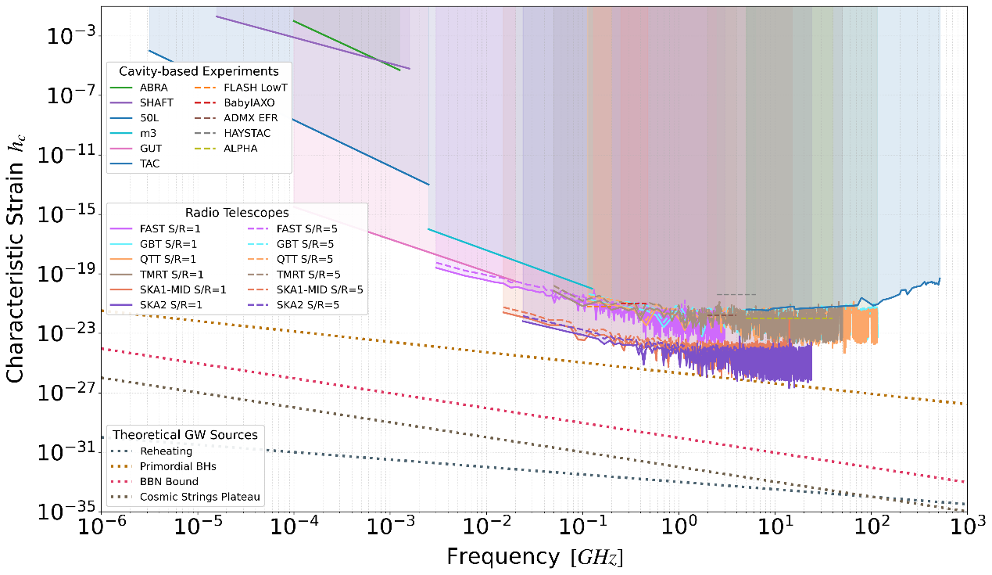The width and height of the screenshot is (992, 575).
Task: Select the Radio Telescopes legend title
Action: point(237,212)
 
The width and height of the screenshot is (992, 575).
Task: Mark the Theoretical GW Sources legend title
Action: point(185,434)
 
